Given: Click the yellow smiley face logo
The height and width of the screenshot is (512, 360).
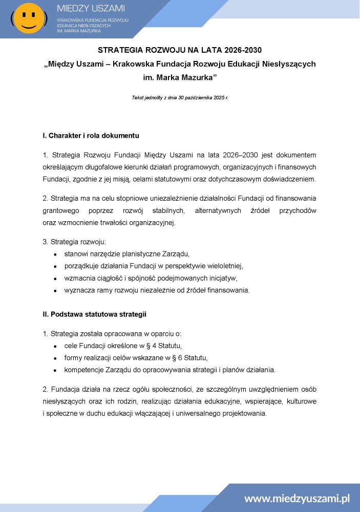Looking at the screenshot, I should pyautogui.click(x=29, y=18).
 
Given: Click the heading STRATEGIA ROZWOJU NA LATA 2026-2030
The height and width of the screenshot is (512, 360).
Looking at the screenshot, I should pyautogui.click(x=180, y=50).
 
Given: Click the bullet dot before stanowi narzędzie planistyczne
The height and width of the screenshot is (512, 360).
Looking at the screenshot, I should pyautogui.click(x=55, y=254).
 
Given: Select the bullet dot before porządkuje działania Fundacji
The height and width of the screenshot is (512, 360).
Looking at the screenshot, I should pyautogui.click(x=55, y=266).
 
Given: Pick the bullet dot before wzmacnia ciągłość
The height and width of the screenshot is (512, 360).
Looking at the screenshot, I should pyautogui.click(x=55, y=279).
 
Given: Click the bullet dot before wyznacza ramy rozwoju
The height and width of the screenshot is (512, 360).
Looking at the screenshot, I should pyautogui.click(x=55, y=291).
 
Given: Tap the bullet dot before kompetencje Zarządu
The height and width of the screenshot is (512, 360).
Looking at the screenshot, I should pyautogui.click(x=55, y=370).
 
